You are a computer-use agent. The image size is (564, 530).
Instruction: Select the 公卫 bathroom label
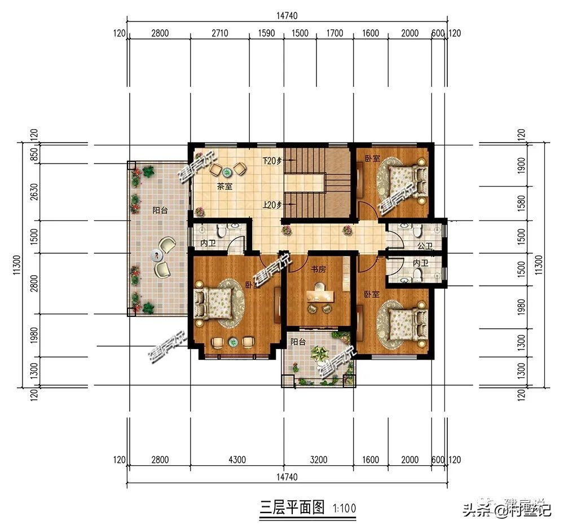point(425,246)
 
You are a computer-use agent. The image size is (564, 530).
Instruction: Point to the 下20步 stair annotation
point(272,161)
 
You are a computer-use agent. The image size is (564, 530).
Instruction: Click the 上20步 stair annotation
point(272,205)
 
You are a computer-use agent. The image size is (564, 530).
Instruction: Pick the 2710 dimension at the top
point(219,33)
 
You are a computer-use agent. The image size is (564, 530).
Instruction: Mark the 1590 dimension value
point(266,33)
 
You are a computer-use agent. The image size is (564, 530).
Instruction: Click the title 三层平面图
point(292,507)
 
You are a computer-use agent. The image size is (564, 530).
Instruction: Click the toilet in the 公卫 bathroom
point(417,231)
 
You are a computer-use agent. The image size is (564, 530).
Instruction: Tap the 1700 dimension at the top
point(334,33)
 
